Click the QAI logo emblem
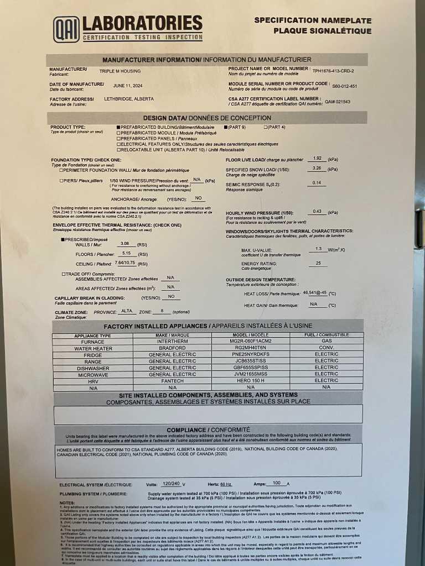click(66, 29)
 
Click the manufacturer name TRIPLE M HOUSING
click(120, 71)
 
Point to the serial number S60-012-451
click(344, 86)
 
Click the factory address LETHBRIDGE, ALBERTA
click(128, 101)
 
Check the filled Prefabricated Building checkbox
click(118, 127)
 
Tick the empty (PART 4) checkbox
click(266, 127)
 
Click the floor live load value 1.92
click(317, 158)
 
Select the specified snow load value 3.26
click(317, 168)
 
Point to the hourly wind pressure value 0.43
click(317, 211)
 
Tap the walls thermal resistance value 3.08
click(125, 243)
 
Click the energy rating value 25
click(318, 263)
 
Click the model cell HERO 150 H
click(250, 380)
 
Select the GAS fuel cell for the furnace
click(326, 342)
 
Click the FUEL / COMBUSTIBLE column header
click(326, 335)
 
